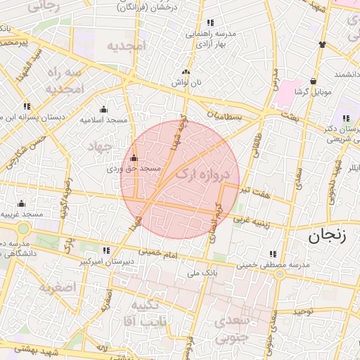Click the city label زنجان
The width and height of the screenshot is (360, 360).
[327, 236]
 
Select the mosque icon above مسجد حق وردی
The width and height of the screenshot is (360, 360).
[134, 158]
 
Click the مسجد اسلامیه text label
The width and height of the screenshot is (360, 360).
[103, 120]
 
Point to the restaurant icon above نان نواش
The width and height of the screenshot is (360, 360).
[186, 72]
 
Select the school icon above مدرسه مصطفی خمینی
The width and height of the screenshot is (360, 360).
[272, 255]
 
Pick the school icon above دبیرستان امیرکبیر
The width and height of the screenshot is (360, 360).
[106, 250]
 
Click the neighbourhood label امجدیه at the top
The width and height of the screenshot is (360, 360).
[126, 46]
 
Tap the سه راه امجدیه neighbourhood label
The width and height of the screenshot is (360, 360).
[65, 82]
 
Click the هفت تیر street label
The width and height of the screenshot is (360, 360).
[255, 191]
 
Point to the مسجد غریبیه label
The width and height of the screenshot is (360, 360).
[22, 213]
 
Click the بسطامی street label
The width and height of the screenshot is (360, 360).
[226, 116]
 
